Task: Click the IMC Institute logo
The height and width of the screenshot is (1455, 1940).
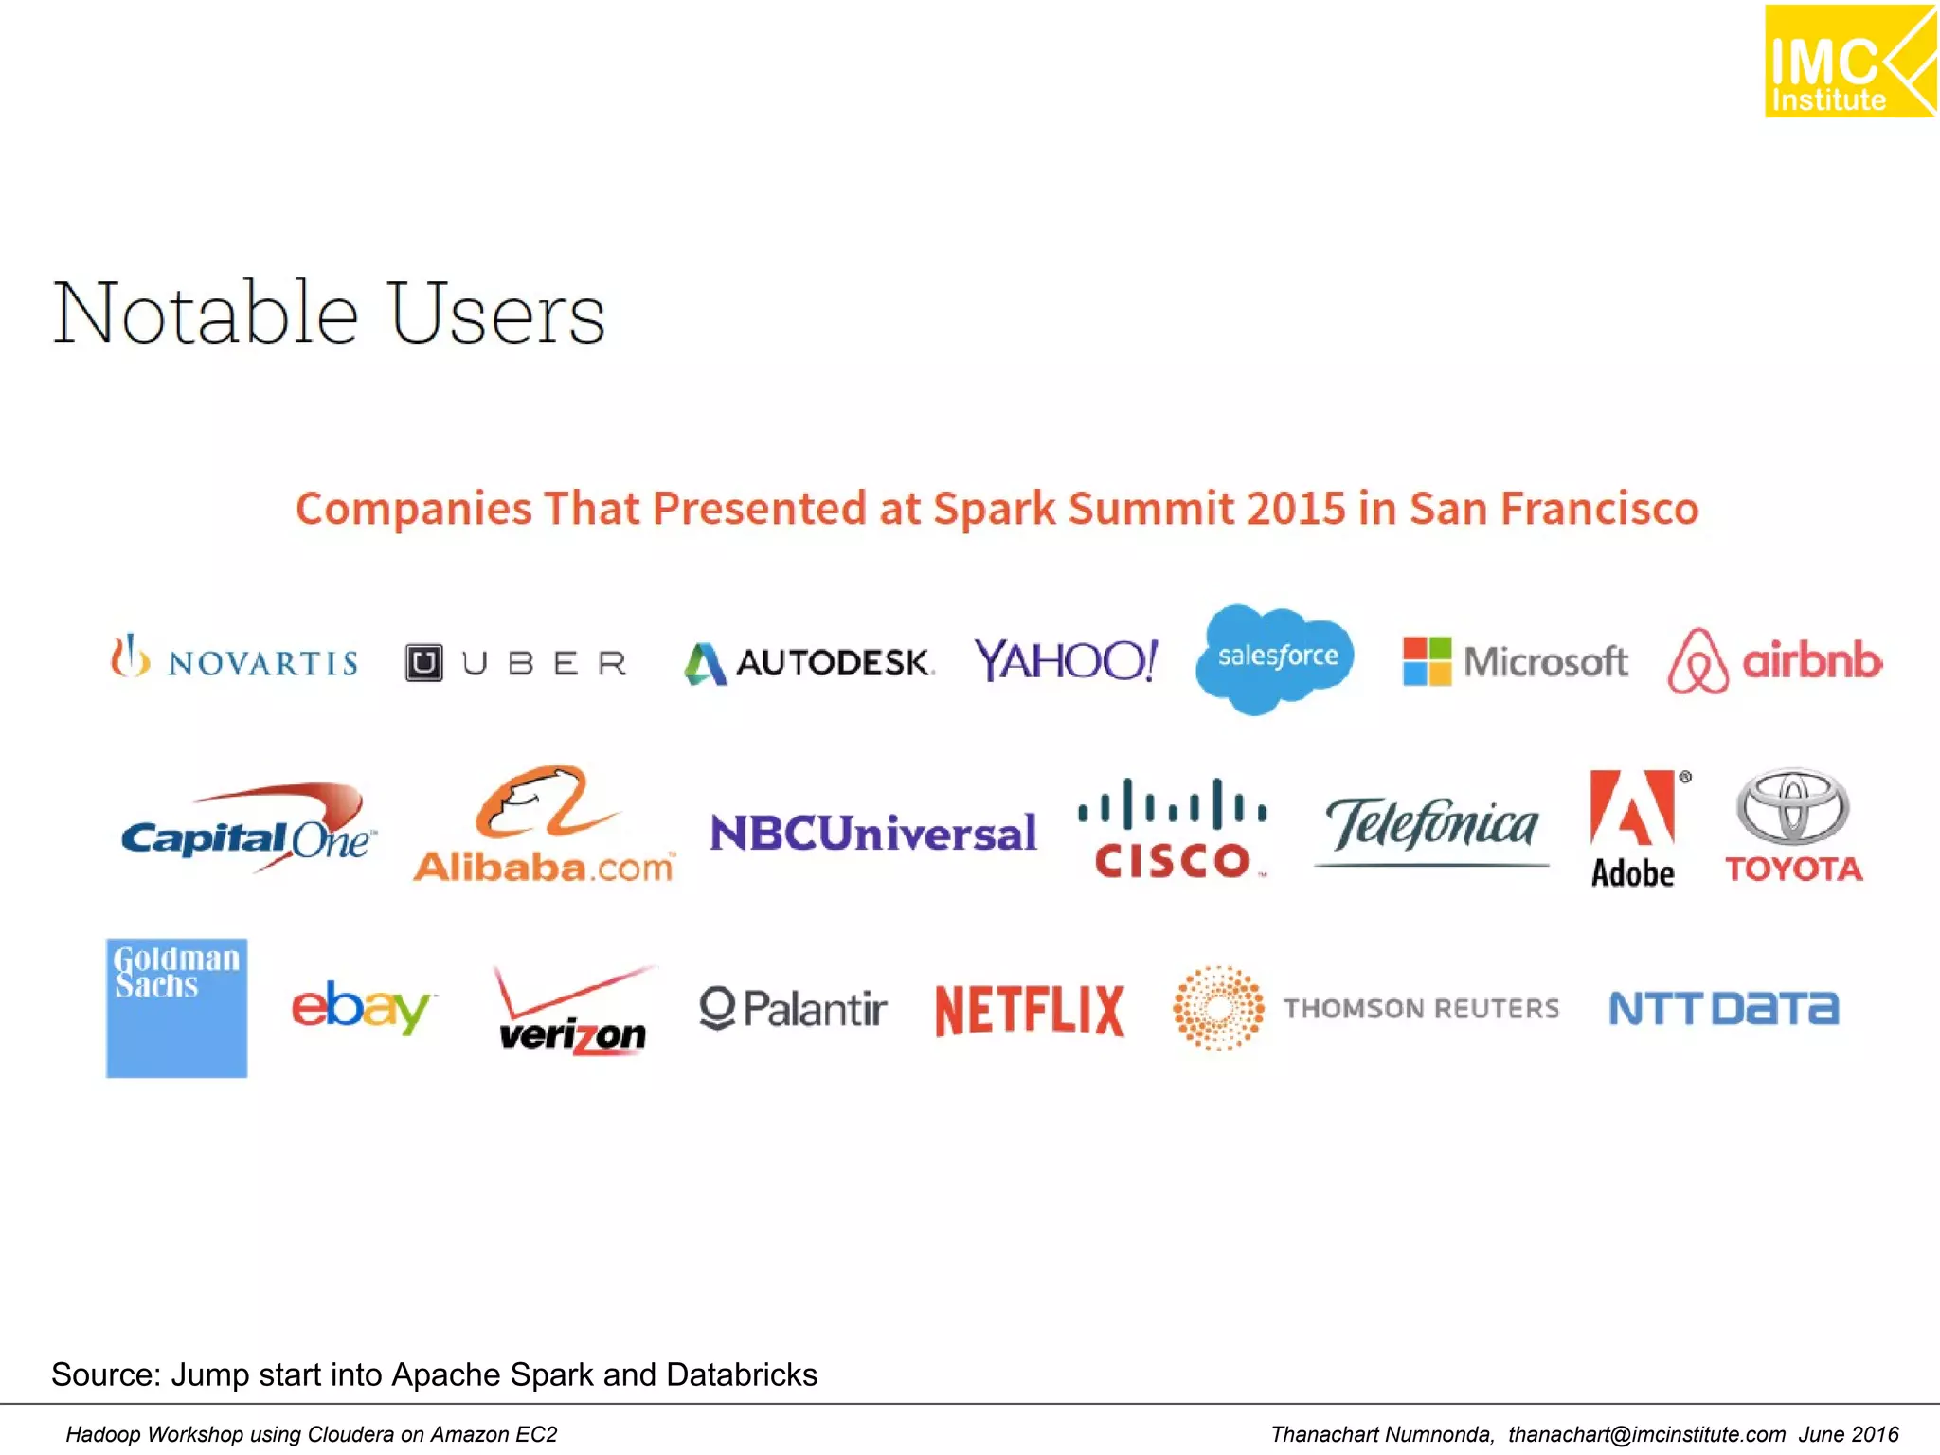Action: (x=1849, y=62)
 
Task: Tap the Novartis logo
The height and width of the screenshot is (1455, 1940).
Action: (x=234, y=658)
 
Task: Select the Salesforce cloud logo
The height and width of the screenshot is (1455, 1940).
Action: (x=1276, y=657)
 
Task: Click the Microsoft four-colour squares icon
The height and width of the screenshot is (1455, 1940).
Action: (x=1427, y=660)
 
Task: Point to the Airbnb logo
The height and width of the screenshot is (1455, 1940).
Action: (x=1774, y=660)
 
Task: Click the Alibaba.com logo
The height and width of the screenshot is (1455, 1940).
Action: (x=544, y=826)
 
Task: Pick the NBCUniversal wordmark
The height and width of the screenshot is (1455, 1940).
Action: (x=873, y=834)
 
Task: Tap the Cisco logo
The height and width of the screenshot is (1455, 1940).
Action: (x=1173, y=830)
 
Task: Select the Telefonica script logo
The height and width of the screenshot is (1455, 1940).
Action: (x=1431, y=828)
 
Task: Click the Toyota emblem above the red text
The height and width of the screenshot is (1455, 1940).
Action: (x=1792, y=807)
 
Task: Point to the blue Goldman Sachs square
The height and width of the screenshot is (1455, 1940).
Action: (x=177, y=1008)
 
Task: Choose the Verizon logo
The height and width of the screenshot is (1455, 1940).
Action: (x=573, y=1012)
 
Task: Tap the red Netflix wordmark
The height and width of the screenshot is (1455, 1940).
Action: (x=1030, y=1010)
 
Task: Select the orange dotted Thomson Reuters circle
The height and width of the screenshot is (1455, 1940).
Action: (x=1218, y=1007)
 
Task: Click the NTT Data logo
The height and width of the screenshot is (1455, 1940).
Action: (x=1724, y=1008)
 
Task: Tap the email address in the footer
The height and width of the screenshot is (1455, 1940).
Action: (x=1646, y=1434)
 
